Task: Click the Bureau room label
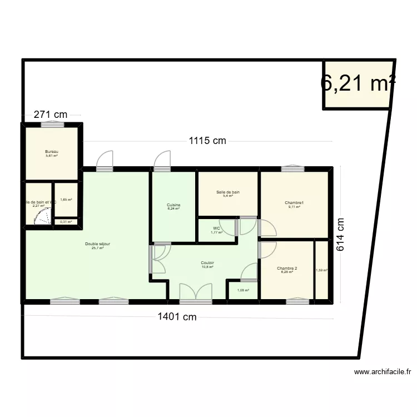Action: pos(52,152)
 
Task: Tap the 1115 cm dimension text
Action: pos(207,141)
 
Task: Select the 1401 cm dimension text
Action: pos(177,317)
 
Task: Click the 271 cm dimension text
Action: pos(50,115)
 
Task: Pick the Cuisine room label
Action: pos(173,205)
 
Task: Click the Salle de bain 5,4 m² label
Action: pos(228,192)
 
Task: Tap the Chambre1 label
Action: pos(294,203)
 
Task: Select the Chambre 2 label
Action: pos(287,269)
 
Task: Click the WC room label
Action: pos(217,229)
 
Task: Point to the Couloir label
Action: pos(208,263)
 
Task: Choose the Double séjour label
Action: pos(97,244)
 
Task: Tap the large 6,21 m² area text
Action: pos(358,83)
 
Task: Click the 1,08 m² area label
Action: pos(243,290)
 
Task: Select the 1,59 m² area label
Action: pos(321,270)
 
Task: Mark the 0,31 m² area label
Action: pos(66,222)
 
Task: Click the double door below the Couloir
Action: pos(196,292)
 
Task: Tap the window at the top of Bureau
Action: pos(52,125)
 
